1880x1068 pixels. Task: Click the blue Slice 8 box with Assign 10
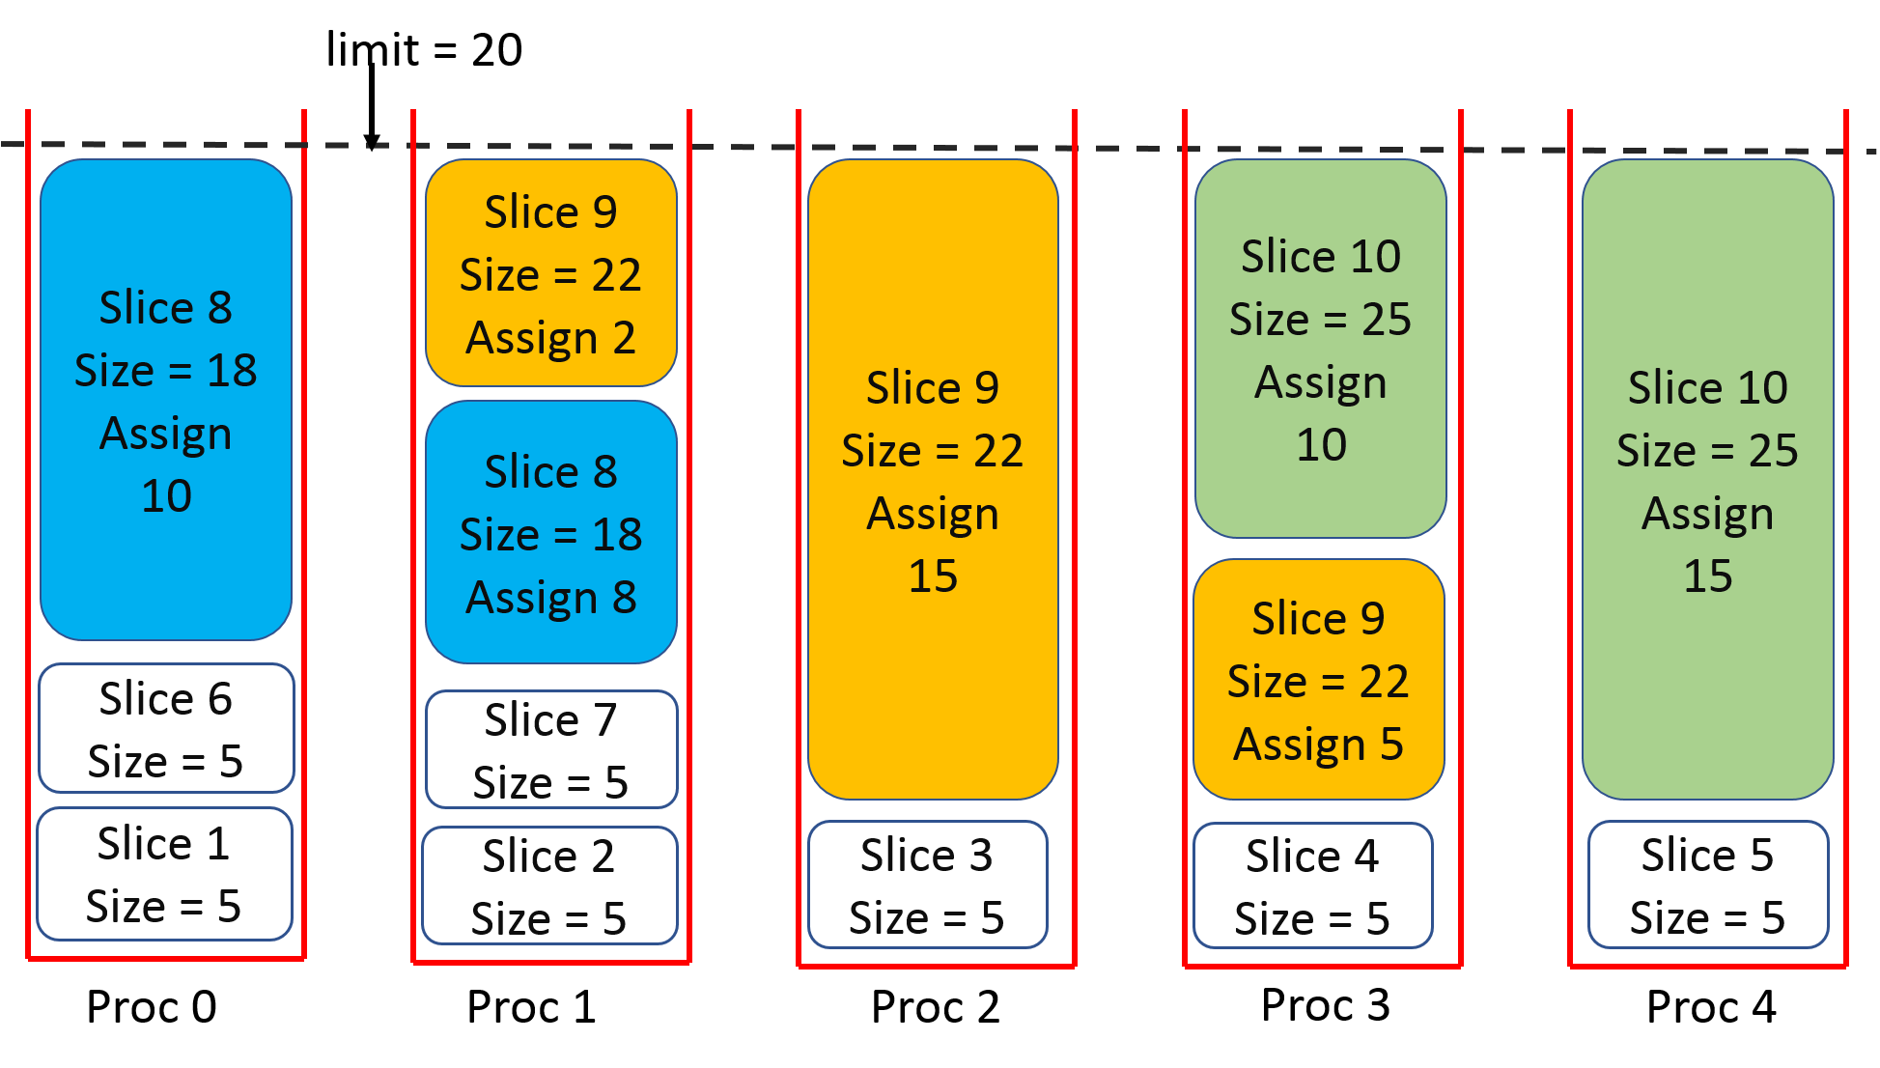(166, 400)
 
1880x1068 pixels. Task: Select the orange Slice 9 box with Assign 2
(550, 273)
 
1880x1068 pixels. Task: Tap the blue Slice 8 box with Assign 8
(550, 532)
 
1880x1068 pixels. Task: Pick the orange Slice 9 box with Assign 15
(933, 480)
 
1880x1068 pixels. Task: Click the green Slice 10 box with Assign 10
(1320, 349)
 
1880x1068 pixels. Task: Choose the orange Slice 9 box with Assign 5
(1318, 680)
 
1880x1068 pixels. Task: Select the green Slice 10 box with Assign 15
(1707, 480)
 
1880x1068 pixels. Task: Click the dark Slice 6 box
(166, 728)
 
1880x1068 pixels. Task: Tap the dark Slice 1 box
(164, 874)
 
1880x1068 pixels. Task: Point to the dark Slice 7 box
(550, 749)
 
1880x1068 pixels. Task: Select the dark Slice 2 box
(549, 885)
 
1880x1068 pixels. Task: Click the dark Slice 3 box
(927, 885)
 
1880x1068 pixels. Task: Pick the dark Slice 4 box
(1312, 885)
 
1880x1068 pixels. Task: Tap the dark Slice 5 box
(1707, 885)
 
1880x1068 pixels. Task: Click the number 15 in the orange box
(933, 576)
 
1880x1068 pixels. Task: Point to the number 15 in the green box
(1707, 576)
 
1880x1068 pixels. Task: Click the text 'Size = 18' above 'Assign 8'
(550, 535)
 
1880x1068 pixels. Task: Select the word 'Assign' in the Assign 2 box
(532, 339)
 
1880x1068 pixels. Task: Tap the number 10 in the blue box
(166, 496)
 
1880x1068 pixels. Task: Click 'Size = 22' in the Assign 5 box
(1318, 682)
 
